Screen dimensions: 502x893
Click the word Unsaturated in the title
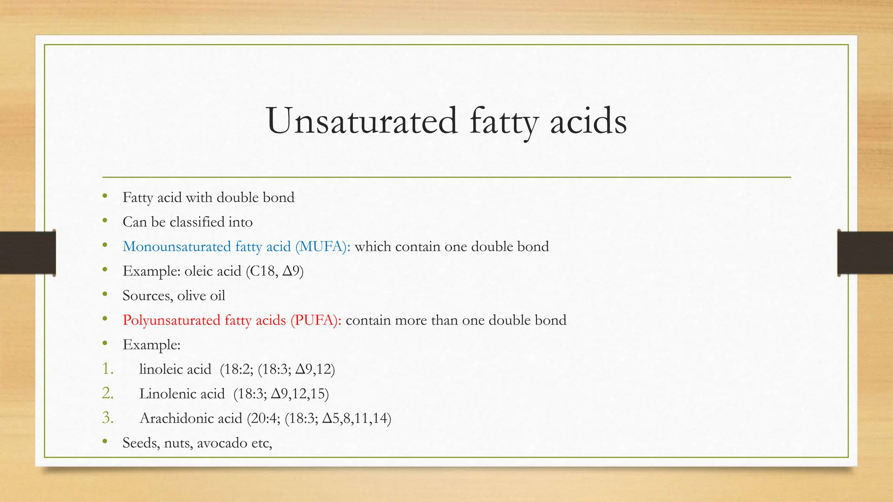(362, 121)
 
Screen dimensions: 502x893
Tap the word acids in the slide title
(588, 121)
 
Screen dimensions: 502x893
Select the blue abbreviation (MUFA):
(323, 247)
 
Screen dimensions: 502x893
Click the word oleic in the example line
(199, 271)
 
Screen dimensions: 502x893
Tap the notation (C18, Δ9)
(275, 271)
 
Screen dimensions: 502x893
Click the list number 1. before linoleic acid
(108, 369)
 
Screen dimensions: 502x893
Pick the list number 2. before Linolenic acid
(108, 393)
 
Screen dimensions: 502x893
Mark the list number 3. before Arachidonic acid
(108, 418)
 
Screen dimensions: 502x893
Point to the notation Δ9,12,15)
(300, 394)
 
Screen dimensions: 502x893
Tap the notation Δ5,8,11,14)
(357, 418)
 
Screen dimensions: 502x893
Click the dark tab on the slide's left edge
(27, 253)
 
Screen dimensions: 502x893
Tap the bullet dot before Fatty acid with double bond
(105, 197)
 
